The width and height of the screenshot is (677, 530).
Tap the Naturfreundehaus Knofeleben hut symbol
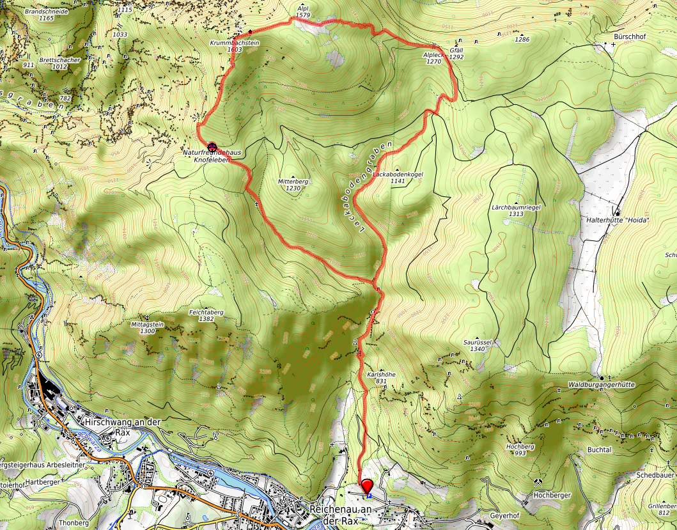(212, 146)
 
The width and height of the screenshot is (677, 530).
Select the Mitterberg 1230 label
(293, 185)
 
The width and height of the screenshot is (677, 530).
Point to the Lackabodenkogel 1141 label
(398, 177)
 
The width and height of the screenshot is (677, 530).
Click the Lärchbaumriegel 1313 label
(517, 211)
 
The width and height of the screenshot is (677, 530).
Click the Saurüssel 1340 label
(479, 346)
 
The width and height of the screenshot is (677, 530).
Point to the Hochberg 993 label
(519, 449)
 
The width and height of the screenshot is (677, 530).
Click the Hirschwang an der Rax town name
(122, 426)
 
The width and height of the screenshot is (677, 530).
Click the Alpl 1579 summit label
(304, 12)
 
